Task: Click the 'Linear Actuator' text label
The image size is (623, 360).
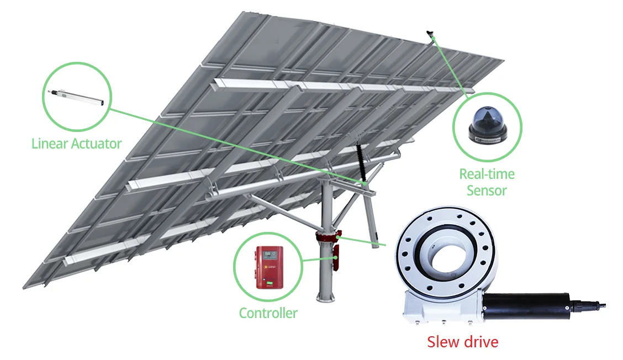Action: (x=76, y=144)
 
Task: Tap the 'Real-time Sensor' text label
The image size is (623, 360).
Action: (x=487, y=182)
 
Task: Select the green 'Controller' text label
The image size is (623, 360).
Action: (x=268, y=313)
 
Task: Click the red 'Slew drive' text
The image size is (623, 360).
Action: (x=463, y=342)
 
